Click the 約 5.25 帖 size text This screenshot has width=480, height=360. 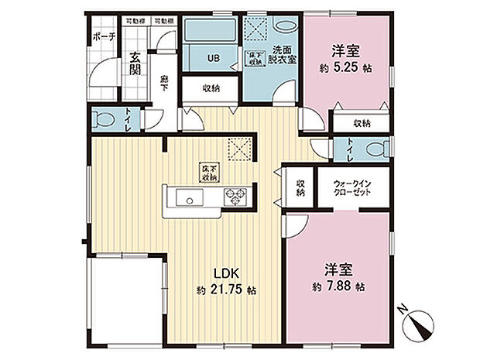[x=345, y=67]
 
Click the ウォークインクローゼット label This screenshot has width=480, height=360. [x=351, y=188]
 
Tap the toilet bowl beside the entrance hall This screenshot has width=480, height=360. [x=100, y=120]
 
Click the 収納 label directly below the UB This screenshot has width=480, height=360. [x=211, y=88]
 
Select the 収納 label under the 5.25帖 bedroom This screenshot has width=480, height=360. [x=361, y=123]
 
